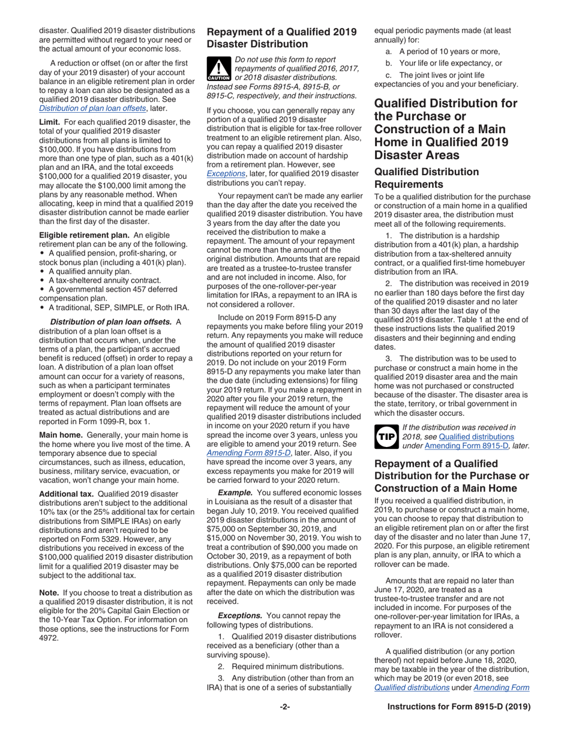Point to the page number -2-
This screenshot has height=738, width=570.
[x=285, y=707]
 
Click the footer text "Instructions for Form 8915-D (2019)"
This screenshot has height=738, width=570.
[x=459, y=707]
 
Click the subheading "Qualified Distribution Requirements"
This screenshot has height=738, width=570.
[x=427, y=177]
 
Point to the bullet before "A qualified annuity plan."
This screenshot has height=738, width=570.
[x=42, y=271]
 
